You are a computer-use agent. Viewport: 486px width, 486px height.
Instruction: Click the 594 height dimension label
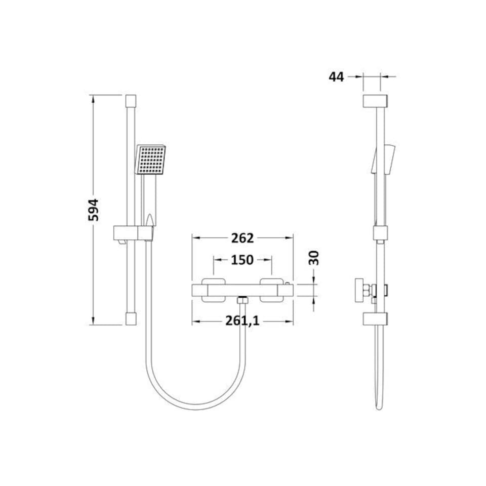(x=94, y=209)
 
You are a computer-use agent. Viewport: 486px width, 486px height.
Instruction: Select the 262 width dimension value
(x=242, y=238)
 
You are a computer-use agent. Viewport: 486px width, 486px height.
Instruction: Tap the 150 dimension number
(x=242, y=260)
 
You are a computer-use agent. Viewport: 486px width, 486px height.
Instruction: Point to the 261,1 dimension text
(x=242, y=320)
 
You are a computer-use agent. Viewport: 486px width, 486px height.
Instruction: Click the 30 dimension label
(x=314, y=258)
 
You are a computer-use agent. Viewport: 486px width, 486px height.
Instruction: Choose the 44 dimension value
(x=336, y=77)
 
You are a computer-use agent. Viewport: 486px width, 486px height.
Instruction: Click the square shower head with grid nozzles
(x=151, y=159)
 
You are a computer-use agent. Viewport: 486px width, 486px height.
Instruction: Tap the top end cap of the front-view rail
(x=130, y=100)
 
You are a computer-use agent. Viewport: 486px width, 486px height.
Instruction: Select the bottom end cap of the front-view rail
(x=130, y=318)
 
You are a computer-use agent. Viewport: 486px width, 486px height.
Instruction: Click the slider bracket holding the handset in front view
(x=132, y=233)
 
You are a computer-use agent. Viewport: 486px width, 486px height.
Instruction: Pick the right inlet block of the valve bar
(x=272, y=290)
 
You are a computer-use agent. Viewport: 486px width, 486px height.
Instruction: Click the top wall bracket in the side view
(x=376, y=100)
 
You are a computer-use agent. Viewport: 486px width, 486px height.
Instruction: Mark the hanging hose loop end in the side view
(x=378, y=405)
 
